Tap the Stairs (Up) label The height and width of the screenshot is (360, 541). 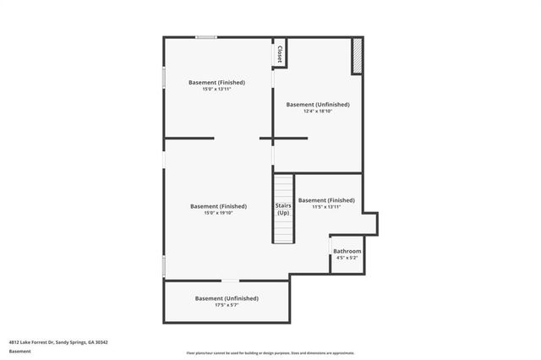(283, 209)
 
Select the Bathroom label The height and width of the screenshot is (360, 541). (347, 251)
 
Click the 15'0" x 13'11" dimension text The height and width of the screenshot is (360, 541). (217, 89)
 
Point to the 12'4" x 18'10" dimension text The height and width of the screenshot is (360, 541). (317, 112)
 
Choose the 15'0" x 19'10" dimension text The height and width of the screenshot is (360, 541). (218, 213)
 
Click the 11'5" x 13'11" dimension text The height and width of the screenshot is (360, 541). (326, 207)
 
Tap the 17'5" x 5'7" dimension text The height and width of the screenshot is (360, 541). (227, 305)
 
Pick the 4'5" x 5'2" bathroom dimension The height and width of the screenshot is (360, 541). (347, 259)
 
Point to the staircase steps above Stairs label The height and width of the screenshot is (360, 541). (283, 185)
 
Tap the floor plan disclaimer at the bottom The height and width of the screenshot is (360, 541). (270, 352)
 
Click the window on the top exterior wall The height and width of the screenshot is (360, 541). (206, 36)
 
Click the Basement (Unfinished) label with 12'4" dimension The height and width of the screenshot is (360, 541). (317, 105)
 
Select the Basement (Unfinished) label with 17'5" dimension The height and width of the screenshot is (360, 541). (227, 298)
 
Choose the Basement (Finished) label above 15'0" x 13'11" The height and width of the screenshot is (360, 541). (217, 82)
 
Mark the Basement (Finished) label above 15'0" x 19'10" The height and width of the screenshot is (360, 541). (218, 206)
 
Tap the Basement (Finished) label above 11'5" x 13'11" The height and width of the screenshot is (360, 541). (326, 200)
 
